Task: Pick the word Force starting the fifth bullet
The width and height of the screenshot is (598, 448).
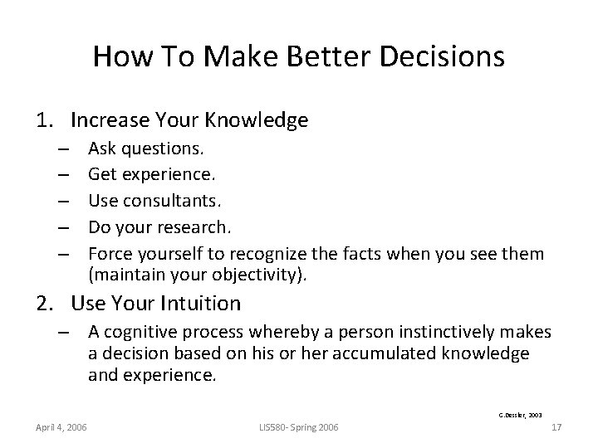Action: (108, 252)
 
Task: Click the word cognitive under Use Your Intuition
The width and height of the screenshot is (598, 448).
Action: (145, 333)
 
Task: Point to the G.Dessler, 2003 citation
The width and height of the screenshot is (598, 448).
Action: (520, 412)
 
